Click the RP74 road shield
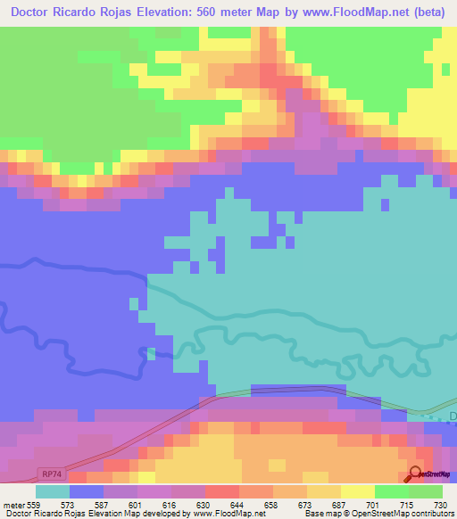(x=51, y=474)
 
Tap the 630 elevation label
(x=204, y=504)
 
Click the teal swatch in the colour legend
(x=53, y=491)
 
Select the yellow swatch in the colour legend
(x=358, y=491)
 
